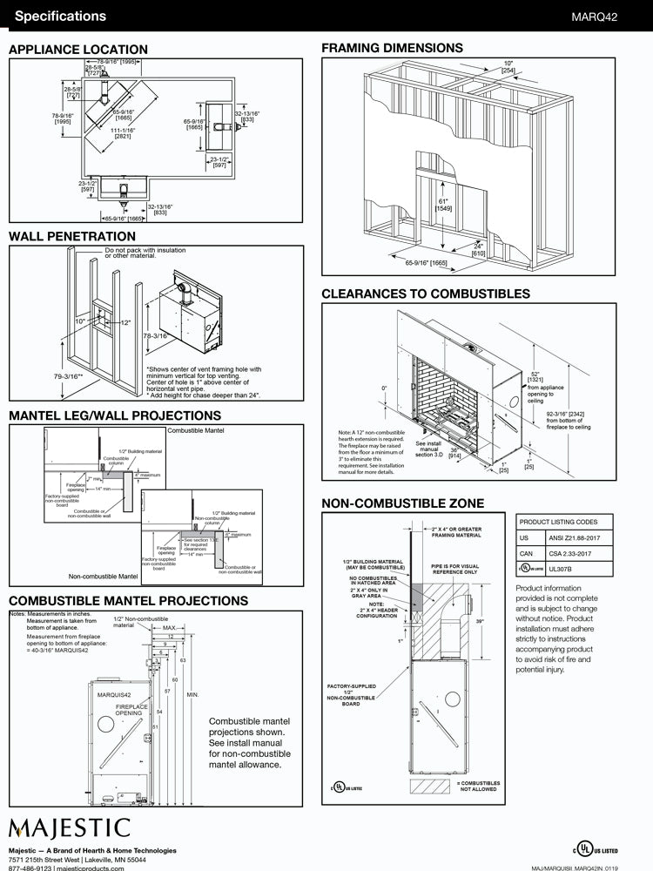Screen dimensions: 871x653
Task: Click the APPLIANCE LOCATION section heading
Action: click(78, 50)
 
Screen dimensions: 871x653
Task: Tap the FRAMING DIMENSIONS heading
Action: click(392, 48)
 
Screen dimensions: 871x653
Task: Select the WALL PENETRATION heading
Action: click(72, 236)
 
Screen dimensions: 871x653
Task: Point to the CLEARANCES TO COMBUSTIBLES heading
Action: click(426, 294)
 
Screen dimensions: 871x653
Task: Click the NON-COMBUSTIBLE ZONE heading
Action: click(402, 503)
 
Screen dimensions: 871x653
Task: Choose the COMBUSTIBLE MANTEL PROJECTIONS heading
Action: click(128, 601)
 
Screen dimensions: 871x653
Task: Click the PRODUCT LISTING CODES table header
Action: click(558, 522)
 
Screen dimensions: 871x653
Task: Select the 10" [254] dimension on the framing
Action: click(508, 66)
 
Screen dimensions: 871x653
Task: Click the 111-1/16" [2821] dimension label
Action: click(123, 133)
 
